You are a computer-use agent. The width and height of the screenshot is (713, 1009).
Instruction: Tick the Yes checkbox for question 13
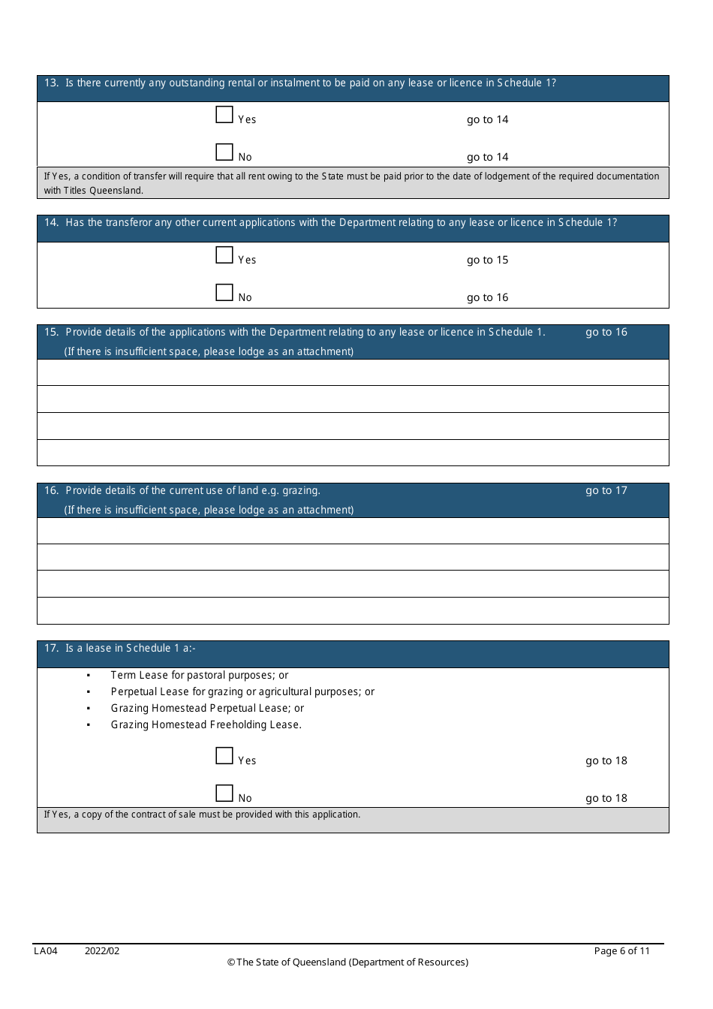[x=224, y=115]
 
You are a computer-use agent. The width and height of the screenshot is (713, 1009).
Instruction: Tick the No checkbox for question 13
[x=224, y=152]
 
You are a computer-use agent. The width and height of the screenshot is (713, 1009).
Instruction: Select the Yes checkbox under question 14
[x=224, y=255]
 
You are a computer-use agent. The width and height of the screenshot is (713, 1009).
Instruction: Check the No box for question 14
[x=224, y=293]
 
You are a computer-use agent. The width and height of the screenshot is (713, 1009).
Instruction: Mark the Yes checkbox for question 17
[x=224, y=756]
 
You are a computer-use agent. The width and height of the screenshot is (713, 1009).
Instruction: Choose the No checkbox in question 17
[x=224, y=794]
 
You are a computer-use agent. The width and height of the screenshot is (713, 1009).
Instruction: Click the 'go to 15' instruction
[x=487, y=260]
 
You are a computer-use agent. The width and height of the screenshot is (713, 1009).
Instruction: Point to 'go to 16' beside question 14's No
[x=487, y=297]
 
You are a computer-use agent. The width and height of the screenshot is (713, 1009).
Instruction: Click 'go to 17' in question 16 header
[x=606, y=491]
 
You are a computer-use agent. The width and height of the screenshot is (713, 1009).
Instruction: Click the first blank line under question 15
[x=353, y=372]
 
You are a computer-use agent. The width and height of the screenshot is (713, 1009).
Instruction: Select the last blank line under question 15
[x=353, y=453]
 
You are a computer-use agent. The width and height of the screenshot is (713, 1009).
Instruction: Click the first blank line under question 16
[x=353, y=531]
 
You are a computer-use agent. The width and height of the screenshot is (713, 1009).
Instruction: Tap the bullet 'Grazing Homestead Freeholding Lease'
[x=206, y=725]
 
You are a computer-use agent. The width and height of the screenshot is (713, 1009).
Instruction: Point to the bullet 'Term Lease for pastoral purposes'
[x=199, y=676]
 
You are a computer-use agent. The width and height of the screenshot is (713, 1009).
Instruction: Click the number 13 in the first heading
[x=51, y=83]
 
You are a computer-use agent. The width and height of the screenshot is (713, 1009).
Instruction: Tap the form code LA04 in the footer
[x=46, y=951]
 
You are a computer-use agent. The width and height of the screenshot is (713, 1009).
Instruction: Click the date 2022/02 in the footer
[x=102, y=951]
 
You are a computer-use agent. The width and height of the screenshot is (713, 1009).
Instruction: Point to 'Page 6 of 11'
[x=621, y=951]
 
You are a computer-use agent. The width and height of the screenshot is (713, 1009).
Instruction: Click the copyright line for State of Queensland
[x=347, y=962]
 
